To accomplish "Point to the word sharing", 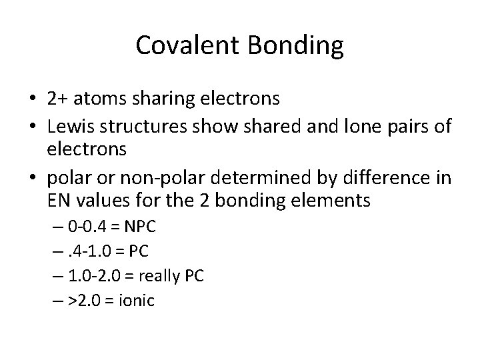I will tap(157, 99).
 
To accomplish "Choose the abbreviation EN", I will tap(57, 200).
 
